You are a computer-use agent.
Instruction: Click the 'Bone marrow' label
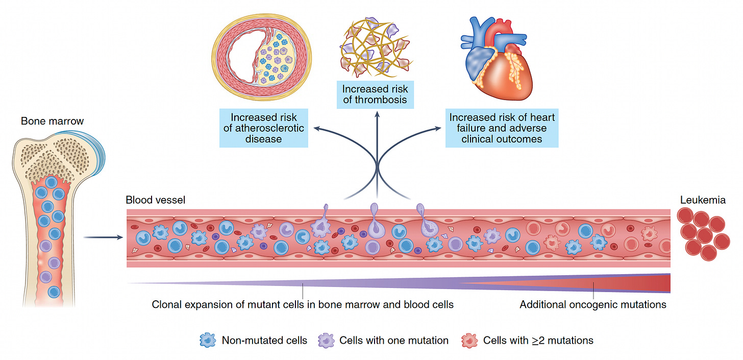(x=52, y=122)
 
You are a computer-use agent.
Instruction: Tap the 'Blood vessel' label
(x=155, y=200)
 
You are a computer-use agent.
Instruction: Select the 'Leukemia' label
(x=702, y=200)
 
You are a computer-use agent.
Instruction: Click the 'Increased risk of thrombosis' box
(x=375, y=94)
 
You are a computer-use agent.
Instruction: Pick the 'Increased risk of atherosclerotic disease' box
(x=263, y=128)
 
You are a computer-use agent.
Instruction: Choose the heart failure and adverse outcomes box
(x=501, y=128)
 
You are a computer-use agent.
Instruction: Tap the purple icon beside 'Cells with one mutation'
(x=327, y=340)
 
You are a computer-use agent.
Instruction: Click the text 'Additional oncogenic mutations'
(x=593, y=305)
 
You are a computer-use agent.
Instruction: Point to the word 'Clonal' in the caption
(x=166, y=305)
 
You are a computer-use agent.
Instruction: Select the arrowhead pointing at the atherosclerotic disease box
(x=316, y=129)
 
